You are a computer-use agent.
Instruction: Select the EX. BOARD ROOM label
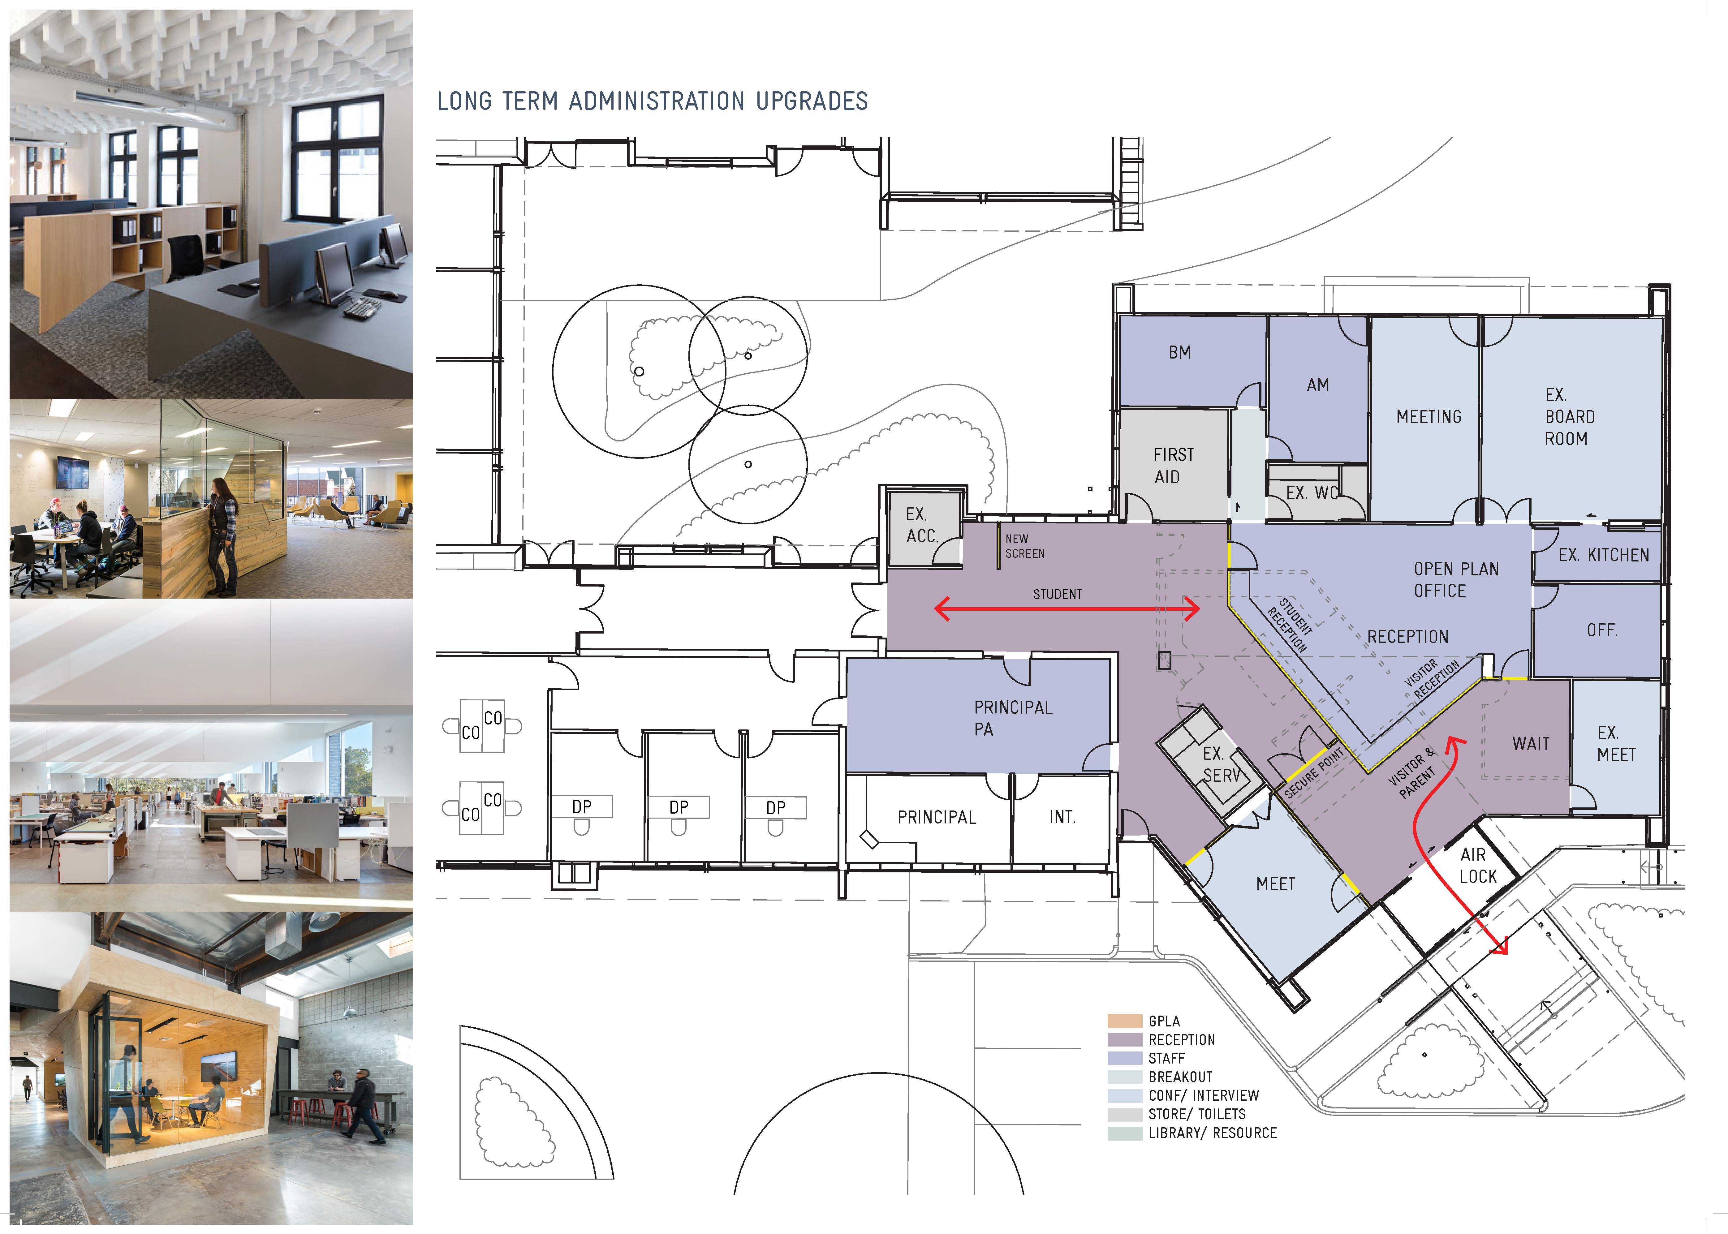1569,416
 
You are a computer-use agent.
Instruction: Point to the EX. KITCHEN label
1603,556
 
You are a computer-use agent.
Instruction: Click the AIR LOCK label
1478,866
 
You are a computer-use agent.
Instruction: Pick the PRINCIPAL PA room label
1013,718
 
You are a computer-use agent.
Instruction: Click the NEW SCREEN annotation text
1024,546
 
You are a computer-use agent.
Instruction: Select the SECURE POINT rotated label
1314,772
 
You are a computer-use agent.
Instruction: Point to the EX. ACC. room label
922,525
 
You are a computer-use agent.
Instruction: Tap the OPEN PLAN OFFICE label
1456,580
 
